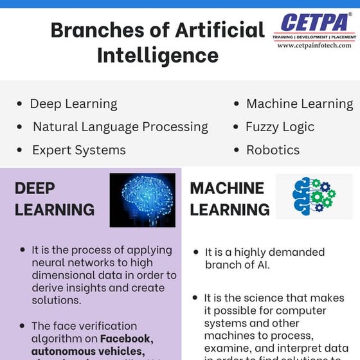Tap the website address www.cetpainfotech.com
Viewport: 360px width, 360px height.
pos(314,46)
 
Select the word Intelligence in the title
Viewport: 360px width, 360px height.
pos(157,55)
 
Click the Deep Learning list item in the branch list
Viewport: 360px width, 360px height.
pos(73,104)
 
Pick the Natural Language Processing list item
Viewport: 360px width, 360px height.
pos(120,127)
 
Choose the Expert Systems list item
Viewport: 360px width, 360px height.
pos(79,150)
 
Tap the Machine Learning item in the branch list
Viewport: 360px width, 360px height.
pos(300,104)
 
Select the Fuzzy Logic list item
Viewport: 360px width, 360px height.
pos(280,127)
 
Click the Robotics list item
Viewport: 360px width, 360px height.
pos(273,150)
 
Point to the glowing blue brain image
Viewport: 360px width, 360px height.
pos(142,200)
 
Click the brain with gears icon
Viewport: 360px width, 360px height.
pos(313,196)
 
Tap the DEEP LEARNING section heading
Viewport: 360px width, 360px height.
pos(54,199)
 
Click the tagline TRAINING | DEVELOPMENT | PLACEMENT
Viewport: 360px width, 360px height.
pos(314,37)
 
